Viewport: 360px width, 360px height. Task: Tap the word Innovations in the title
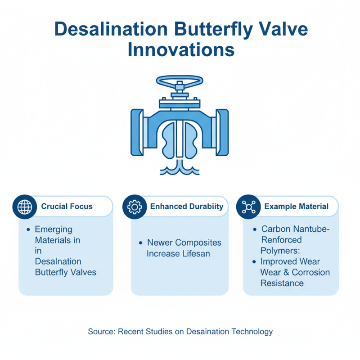click(180, 50)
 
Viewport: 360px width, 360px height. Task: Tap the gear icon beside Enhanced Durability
click(135, 207)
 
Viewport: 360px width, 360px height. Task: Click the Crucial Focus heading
click(67, 207)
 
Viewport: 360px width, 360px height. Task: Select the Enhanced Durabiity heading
click(186, 207)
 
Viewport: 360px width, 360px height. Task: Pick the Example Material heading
click(296, 207)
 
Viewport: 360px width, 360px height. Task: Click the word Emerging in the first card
click(53, 229)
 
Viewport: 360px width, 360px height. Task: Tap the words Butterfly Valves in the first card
click(65, 272)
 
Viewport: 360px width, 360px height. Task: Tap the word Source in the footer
click(101, 332)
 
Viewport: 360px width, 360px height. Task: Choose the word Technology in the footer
click(252, 332)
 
